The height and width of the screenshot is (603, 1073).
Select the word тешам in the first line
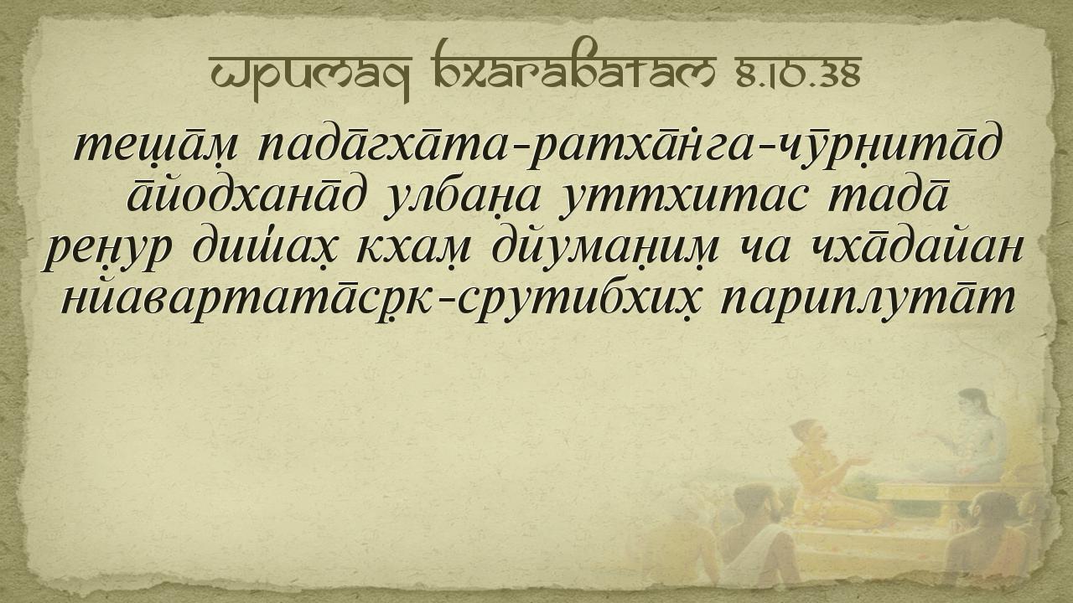tap(156, 145)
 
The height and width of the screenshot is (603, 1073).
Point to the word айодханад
tap(245, 197)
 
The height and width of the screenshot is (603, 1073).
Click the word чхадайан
tap(918, 248)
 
